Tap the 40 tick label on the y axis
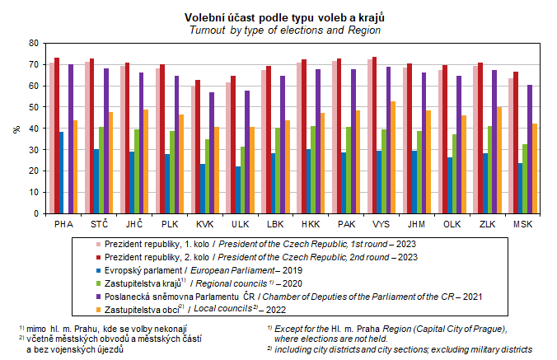pos(33,129)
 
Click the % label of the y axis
pos(16,129)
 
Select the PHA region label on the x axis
pos(63,223)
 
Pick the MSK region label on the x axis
pos(523,223)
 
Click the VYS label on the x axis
pos(381,223)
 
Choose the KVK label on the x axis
pos(204,223)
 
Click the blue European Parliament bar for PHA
pos(61,172)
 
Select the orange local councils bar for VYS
pos(392,157)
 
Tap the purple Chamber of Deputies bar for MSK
pos(529,149)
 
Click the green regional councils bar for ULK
pos(243,180)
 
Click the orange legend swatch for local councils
pos(98,309)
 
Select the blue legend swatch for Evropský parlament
pos(98,269)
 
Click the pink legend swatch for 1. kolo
pos(98,243)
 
